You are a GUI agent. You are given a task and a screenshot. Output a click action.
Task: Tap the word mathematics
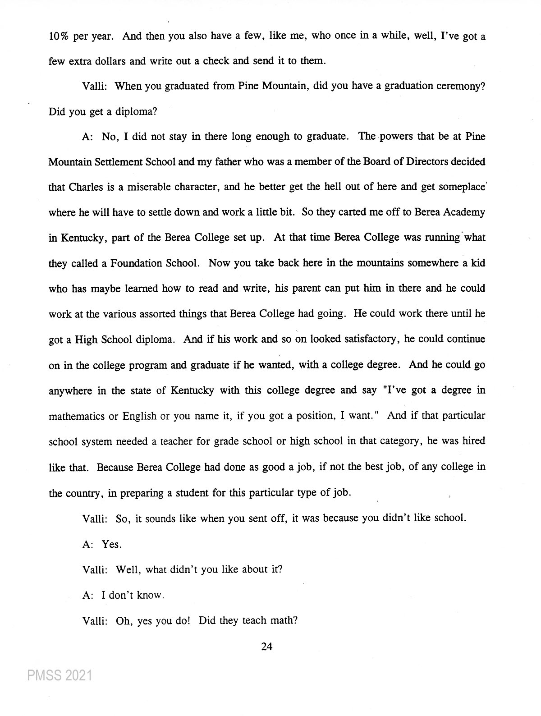pyautogui.click(x=76, y=416)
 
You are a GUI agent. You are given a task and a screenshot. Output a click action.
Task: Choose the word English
pyautogui.click(x=139, y=416)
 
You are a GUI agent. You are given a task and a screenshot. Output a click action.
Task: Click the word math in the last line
pyautogui.click(x=283, y=620)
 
